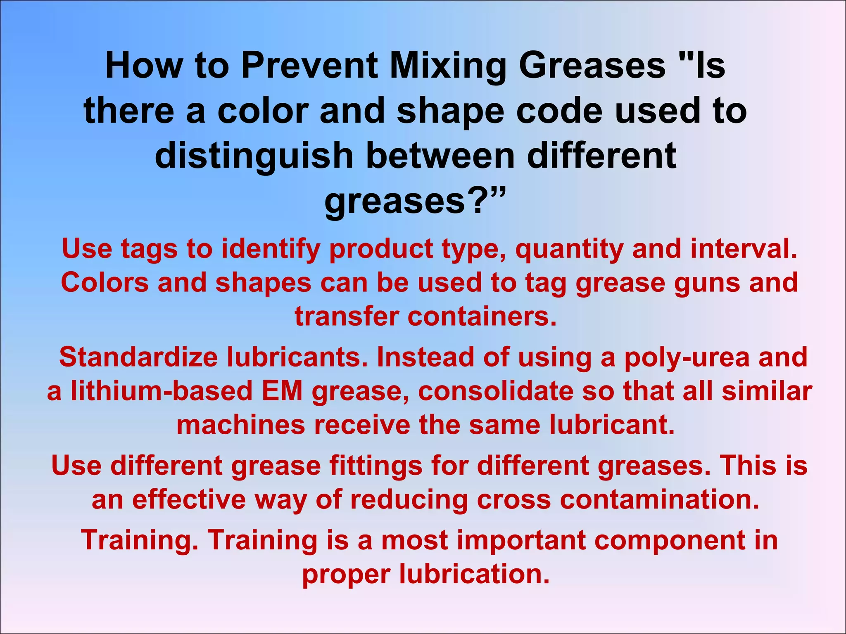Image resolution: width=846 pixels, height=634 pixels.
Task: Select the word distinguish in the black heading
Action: [254, 156]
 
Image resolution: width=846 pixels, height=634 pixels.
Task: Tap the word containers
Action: [482, 317]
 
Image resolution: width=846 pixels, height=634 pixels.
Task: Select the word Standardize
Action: [138, 357]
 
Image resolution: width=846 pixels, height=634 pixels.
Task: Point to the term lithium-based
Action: [162, 391]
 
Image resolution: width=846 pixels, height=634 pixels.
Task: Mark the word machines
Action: [240, 425]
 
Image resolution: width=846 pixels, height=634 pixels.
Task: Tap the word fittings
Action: [376, 466]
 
